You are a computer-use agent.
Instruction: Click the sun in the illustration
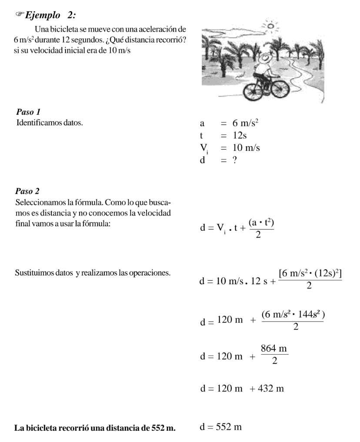[x=270, y=27]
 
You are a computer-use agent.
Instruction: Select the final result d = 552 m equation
[x=220, y=427]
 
